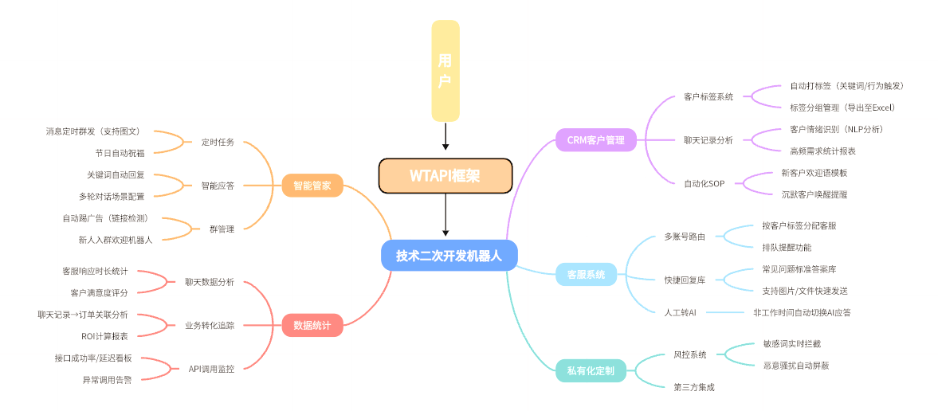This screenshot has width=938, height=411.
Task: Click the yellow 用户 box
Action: pyautogui.click(x=445, y=70)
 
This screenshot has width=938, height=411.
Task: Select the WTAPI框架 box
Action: pyautogui.click(x=445, y=175)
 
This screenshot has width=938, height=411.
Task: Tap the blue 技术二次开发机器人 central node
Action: pyautogui.click(x=449, y=256)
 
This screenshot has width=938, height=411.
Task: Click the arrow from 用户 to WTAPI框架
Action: pyautogui.click(x=445, y=136)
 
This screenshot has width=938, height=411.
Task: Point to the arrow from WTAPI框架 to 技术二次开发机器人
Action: pyautogui.click(x=445, y=216)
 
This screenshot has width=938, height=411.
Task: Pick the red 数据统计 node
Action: pyautogui.click(x=312, y=325)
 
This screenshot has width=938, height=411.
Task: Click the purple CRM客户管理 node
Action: pyautogui.click(x=595, y=140)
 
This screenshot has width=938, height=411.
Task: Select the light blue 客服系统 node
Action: pyautogui.click(x=586, y=275)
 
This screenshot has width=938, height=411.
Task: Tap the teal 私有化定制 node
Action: pyautogui.click(x=591, y=370)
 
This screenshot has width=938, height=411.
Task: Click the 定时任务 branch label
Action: pyautogui.click(x=218, y=142)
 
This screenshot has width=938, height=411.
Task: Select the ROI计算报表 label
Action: pyautogui.click(x=104, y=336)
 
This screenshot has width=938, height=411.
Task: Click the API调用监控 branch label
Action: pyautogui.click(x=211, y=369)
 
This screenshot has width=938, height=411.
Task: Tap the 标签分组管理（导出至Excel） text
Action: pyautogui.click(x=843, y=108)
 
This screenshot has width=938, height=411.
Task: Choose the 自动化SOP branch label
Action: pyautogui.click(x=704, y=184)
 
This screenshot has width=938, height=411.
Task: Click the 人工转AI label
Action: pyautogui.click(x=680, y=313)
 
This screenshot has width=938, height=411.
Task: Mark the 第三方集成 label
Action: pyautogui.click(x=694, y=387)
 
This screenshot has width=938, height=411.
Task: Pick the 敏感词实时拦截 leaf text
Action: pyautogui.click(x=791, y=344)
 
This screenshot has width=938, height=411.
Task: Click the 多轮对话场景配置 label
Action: pyautogui.click(x=112, y=196)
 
